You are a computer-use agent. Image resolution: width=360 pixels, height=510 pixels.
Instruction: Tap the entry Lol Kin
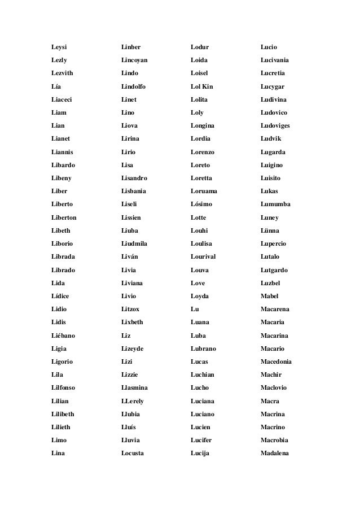201,86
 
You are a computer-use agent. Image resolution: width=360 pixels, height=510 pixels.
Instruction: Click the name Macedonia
276,362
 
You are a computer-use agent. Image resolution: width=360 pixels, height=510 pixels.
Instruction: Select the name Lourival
204,256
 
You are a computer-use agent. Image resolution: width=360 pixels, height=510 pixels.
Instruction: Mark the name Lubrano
204,349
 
